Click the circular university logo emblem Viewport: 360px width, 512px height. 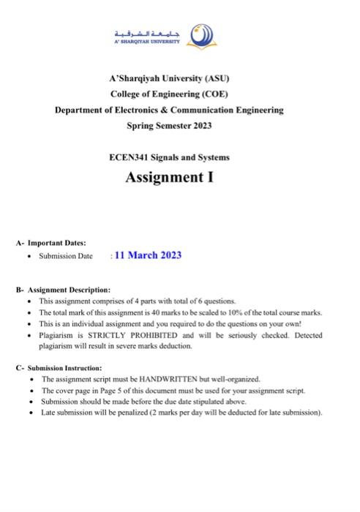click(x=201, y=34)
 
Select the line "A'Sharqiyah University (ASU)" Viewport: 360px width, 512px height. click(x=169, y=78)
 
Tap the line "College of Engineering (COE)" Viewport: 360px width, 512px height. click(x=169, y=94)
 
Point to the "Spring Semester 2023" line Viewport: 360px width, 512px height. click(x=169, y=126)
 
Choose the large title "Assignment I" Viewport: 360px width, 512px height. click(x=169, y=178)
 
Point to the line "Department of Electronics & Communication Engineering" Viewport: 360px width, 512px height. click(x=169, y=110)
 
